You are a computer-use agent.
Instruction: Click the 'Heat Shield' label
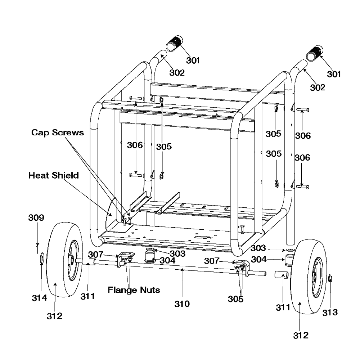pos(54,175)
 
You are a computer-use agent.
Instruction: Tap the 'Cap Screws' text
pos(57,132)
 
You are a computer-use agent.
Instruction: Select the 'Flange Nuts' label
pos(134,290)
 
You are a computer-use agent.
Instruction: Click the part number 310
pos(182,304)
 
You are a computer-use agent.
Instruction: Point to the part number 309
pos(36,217)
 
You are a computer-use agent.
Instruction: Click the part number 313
pos(330,313)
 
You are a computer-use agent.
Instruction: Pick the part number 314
pos(39,298)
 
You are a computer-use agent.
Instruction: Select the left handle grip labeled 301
pos(175,44)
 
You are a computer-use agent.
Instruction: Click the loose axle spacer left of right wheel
pos(282,275)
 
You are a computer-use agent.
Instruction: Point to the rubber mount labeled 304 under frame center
pos(150,256)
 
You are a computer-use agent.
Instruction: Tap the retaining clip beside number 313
pos(330,278)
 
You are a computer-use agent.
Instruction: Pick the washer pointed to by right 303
pos(290,250)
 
